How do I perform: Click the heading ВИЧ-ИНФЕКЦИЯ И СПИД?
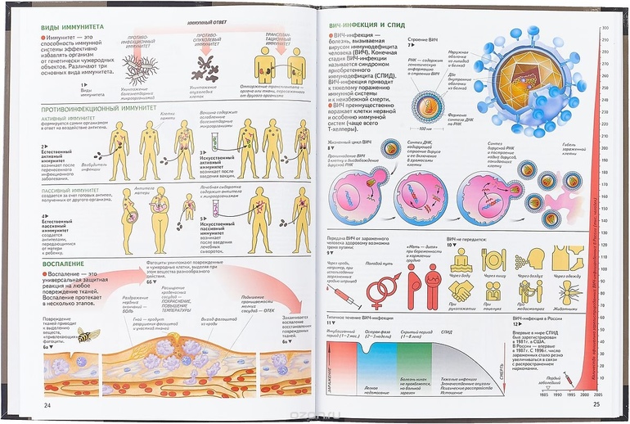click(x=366, y=25)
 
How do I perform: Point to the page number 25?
click(x=596, y=403)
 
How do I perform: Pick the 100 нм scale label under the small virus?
click(x=425, y=129)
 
